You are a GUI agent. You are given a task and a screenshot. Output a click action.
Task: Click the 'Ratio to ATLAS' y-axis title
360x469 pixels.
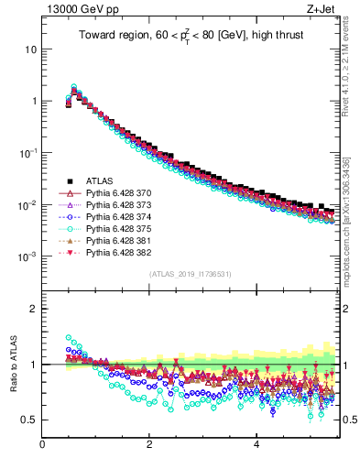pos(14,365)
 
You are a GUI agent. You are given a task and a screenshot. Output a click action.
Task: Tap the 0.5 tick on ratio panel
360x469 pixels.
pos(29,420)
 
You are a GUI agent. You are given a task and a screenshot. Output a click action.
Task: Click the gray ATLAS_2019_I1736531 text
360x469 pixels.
pos(189,274)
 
